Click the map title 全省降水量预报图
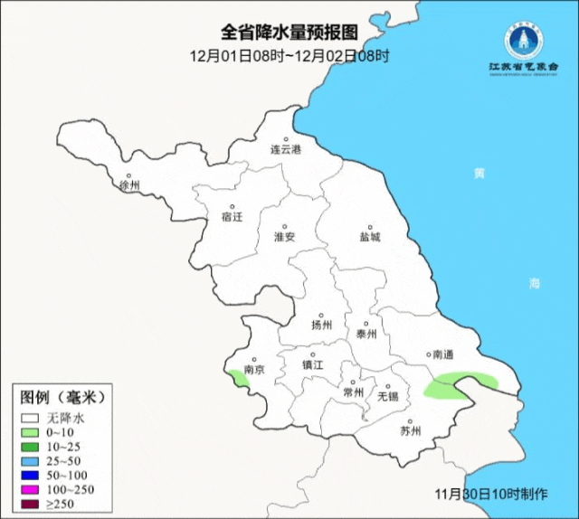(289, 33)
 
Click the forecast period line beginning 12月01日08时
(289, 55)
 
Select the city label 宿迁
(233, 217)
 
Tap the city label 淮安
(284, 236)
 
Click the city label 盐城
(369, 237)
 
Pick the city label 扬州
(321, 325)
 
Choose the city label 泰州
(365, 334)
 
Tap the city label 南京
(253, 369)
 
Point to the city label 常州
(353, 392)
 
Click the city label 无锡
(387, 395)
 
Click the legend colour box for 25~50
(31, 460)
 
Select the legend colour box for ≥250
(31, 504)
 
